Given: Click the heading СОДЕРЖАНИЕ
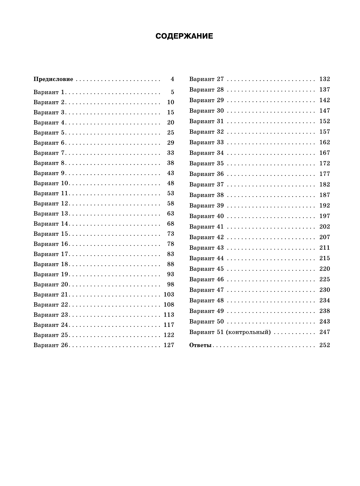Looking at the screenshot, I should coord(184,36).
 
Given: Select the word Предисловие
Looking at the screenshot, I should coord(53,79).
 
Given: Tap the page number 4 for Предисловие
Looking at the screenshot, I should coord(172,79).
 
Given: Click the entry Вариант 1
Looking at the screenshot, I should coord(49,92).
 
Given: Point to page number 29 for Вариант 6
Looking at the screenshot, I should coord(170,143).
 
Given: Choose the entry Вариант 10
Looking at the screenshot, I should coord(51,183).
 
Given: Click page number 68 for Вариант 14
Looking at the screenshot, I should coord(170,224).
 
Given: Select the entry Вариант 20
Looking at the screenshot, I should coord(51,284).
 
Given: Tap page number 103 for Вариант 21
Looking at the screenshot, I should coord(169,294).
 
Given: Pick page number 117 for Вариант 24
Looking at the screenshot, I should coord(169,325).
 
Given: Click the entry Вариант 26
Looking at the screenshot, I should coord(51,345).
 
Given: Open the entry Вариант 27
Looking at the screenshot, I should coord(207,79).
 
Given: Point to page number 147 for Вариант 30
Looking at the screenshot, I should coord(325,111).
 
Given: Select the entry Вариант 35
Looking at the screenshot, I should coord(207,163).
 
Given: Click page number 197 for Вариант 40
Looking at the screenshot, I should coord(325,216).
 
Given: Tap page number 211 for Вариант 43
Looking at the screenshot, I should coord(325,248).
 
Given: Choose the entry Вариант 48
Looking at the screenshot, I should coord(207,300).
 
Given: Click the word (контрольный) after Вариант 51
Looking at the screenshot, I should coord(248,332).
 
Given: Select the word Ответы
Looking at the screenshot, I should coord(201,345).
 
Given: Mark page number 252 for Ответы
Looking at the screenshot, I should coord(325,345).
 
